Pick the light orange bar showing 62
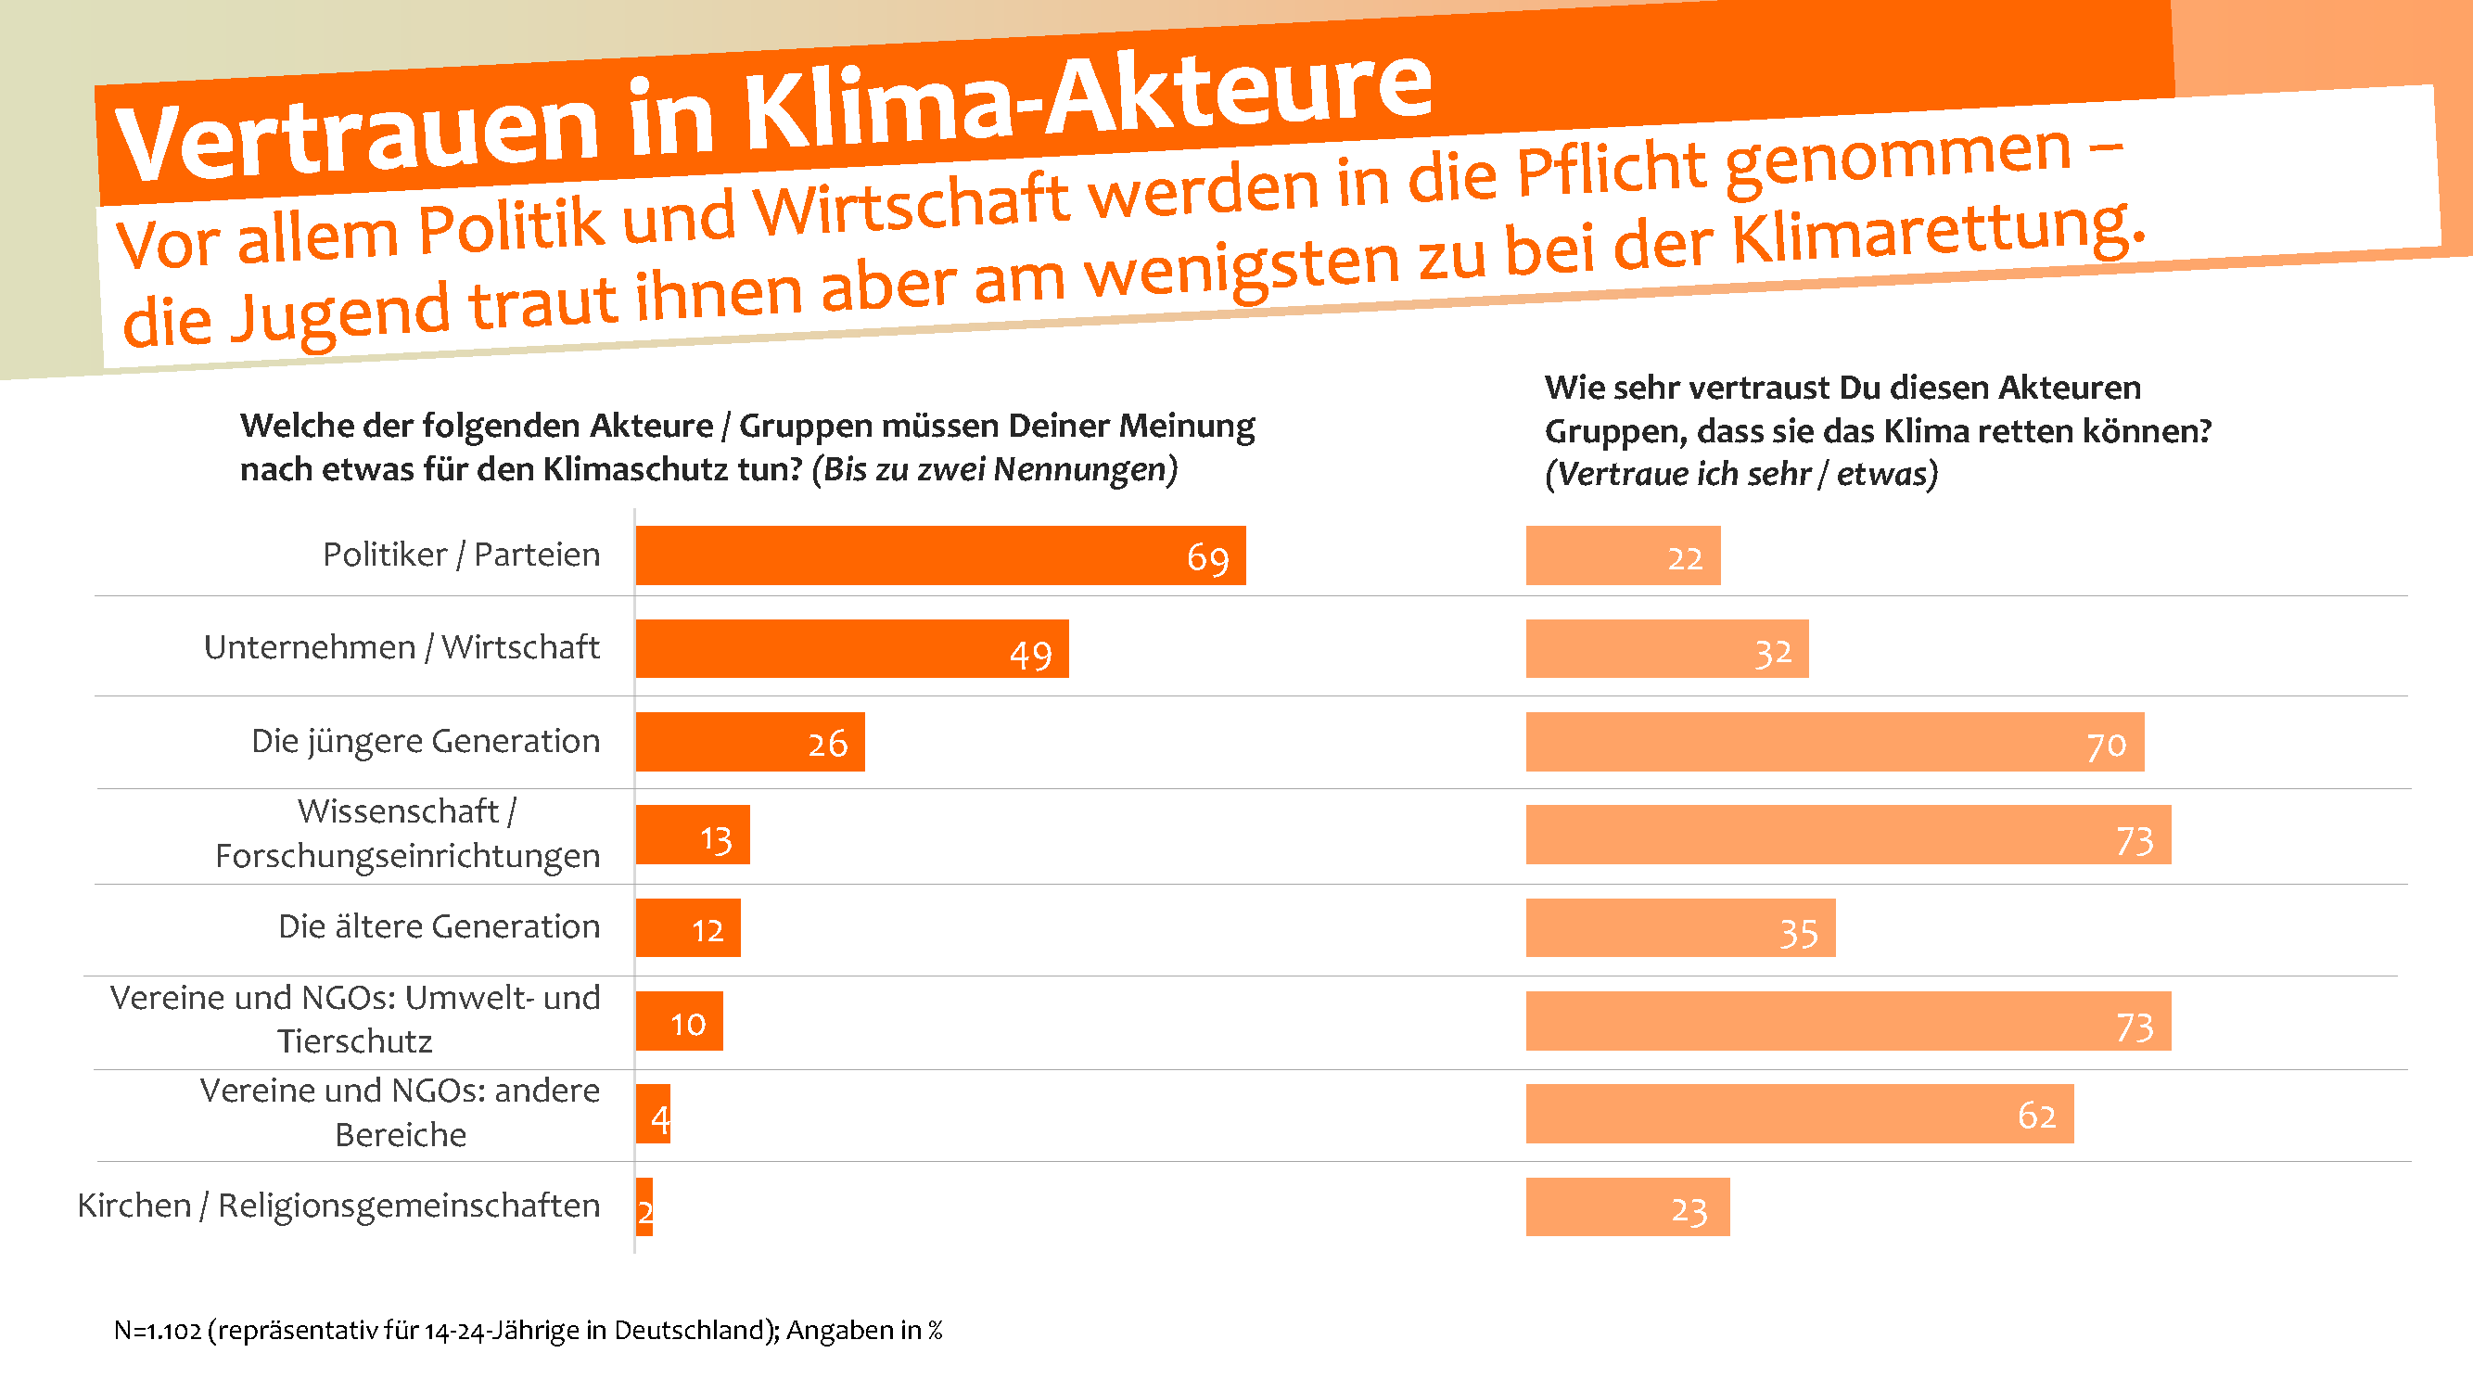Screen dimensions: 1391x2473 click(1799, 1114)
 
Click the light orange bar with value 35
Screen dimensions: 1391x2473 click(1680, 927)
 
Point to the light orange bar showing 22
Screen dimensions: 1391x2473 click(1623, 555)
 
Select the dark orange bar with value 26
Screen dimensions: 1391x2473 click(749, 741)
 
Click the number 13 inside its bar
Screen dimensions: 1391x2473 click(716, 840)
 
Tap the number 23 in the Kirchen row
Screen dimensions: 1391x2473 click(1689, 1210)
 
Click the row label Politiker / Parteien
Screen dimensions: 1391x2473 click(461, 555)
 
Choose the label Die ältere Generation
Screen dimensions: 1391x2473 click(439, 926)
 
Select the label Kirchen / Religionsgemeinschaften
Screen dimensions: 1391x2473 click(338, 1206)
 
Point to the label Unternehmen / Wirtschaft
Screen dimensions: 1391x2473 click(402, 648)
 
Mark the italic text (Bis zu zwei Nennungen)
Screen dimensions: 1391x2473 click(995, 469)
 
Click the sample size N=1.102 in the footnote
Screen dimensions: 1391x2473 click(158, 1331)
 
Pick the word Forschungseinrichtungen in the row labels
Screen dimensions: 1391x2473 click(407, 855)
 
